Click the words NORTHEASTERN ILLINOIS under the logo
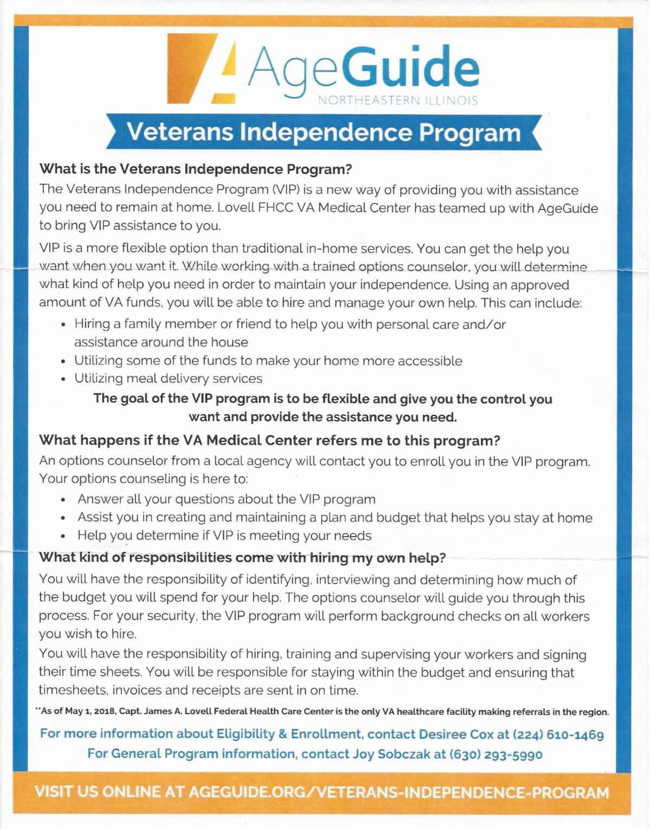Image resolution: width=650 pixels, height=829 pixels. [x=398, y=101]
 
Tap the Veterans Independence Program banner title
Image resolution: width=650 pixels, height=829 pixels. [x=323, y=132]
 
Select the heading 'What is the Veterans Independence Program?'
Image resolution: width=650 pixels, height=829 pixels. [x=196, y=169]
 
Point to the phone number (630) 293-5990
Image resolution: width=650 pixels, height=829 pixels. [x=496, y=754]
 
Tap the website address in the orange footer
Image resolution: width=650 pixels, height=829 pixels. [x=398, y=792]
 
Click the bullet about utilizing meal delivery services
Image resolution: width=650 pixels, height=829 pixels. [x=168, y=378]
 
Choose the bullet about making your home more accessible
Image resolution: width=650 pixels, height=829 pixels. [x=268, y=361]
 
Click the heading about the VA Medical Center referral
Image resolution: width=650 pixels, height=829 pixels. [x=269, y=440]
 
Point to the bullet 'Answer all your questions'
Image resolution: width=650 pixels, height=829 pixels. [x=226, y=499]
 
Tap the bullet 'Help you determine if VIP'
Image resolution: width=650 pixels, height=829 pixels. [x=224, y=536]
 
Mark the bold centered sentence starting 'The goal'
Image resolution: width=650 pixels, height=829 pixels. [x=323, y=408]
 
